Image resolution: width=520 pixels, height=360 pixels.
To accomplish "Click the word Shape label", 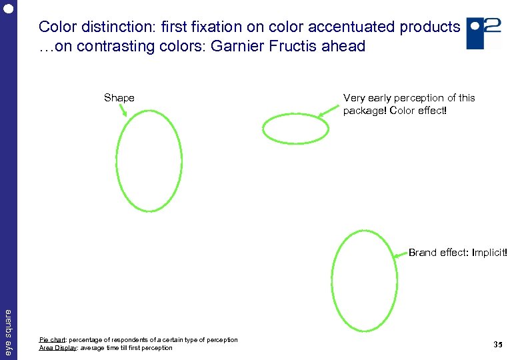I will click(119, 98).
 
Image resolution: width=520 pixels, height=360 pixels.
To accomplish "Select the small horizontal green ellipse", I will click(295, 129).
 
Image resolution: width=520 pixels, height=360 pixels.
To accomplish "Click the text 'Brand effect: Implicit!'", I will click(457, 253).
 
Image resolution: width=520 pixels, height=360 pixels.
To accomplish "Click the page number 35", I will click(497, 345).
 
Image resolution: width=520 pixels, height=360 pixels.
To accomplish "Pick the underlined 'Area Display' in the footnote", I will click(55, 348).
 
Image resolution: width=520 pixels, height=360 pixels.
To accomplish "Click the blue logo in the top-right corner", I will click(483, 33).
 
